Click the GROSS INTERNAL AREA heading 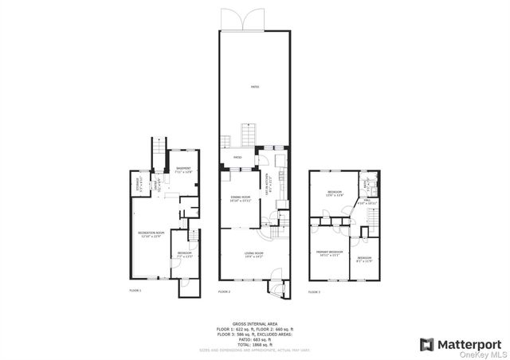[254, 323]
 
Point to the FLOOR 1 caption [135, 292]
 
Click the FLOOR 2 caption [224, 292]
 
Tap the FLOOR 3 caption [314, 292]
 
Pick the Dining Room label [241, 198]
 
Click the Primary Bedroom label [328, 252]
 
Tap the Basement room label [183, 170]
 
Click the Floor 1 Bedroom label [184, 254]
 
